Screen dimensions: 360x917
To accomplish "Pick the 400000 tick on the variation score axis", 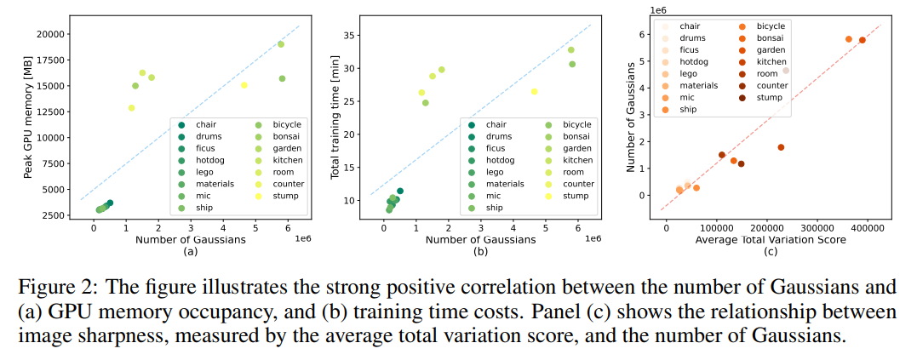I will click(x=868, y=228).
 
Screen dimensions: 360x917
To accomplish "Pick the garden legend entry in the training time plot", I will click(x=577, y=148).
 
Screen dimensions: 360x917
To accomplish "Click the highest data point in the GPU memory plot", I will click(x=280, y=44).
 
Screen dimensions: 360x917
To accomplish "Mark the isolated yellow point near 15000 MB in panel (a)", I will click(x=244, y=85).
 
